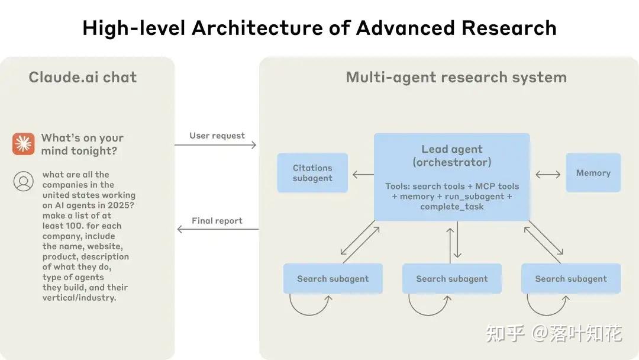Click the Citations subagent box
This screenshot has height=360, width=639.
[x=312, y=173]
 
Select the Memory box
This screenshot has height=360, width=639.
[x=593, y=173]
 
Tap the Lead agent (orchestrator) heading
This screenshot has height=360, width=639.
[x=452, y=156]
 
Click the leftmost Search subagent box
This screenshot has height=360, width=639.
[x=333, y=279]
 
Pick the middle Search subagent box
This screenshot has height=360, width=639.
[x=452, y=279]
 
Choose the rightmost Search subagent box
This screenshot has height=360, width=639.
[x=571, y=279]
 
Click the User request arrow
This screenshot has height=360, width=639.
[x=216, y=145]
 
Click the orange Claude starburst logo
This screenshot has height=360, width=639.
[x=24, y=144]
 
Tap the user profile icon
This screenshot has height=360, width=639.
[x=24, y=181]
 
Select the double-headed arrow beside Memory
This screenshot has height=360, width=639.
[x=548, y=174]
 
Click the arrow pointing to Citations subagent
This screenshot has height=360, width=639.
[x=363, y=174]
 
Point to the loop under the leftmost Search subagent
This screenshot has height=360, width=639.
[x=310, y=306]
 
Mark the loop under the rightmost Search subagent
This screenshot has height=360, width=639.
[x=548, y=306]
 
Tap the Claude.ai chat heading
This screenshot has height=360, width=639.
[x=83, y=77]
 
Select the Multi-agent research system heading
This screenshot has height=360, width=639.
[x=456, y=77]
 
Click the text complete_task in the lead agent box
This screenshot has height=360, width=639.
[x=452, y=207]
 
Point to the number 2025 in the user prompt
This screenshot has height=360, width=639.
[x=121, y=205]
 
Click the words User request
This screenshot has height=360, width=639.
[x=217, y=136]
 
